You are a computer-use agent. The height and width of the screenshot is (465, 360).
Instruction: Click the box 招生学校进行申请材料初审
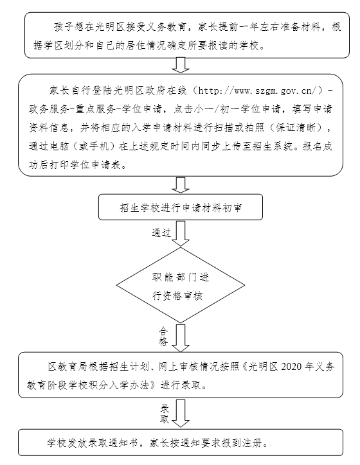coord(181,207)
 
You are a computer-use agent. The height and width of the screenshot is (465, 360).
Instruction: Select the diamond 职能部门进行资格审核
coord(181,285)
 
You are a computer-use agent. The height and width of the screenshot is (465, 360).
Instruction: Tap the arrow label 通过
coord(161,232)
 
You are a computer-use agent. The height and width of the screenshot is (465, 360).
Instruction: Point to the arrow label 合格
coord(163,336)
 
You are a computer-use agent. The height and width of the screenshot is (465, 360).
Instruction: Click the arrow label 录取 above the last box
coord(165,414)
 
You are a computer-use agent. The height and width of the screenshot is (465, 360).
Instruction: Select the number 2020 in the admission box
coord(291,367)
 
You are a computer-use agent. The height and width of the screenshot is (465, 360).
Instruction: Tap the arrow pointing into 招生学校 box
coord(181,185)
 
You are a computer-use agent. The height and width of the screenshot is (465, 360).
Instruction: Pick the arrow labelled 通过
coord(181,234)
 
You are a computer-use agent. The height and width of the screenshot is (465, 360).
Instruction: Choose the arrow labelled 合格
coord(181,338)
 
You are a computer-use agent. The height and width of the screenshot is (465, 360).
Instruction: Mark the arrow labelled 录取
coord(181,414)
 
